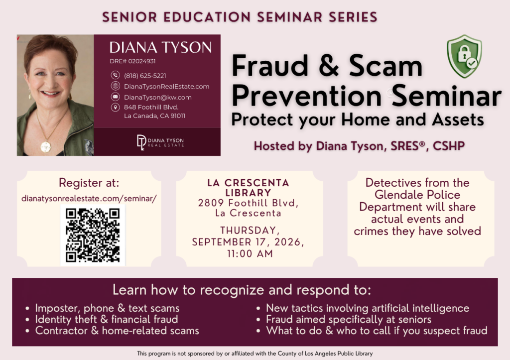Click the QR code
[93, 236]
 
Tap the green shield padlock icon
[465, 56]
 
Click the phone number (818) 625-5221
[145, 76]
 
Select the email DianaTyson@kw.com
[158, 97]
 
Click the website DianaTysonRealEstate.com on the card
[166, 87]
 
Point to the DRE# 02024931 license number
[132, 61]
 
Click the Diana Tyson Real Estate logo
[160, 142]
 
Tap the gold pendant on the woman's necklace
[46, 146]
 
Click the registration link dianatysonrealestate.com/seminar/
[89, 198]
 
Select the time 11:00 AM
[250, 253]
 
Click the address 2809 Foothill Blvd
[248, 203]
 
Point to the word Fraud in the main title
[270, 65]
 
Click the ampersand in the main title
[329, 66]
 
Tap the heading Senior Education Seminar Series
[240, 17]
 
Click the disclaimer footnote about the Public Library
[255, 354]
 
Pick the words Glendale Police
[417, 195]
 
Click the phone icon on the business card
[115, 75]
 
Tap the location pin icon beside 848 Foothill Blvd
[115, 107]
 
